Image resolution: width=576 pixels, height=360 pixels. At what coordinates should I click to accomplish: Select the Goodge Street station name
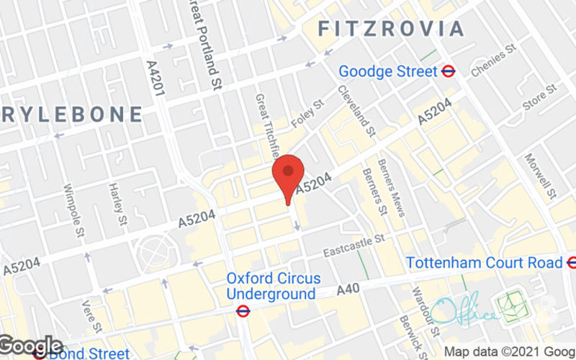[x=388, y=71]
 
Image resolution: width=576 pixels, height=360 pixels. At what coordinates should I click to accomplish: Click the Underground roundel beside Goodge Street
[x=449, y=71]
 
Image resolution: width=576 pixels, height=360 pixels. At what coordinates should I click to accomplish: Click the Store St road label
[x=539, y=97]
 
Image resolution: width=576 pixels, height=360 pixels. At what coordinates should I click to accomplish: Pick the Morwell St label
[x=540, y=176]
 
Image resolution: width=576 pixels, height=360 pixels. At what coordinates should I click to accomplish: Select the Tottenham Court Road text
[x=483, y=262]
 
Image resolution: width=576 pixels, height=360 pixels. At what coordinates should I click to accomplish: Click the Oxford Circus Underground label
[x=273, y=286]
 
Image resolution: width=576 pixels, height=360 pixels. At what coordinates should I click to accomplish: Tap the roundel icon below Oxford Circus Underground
[x=243, y=311]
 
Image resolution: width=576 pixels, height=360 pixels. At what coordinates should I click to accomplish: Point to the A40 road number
[x=350, y=290]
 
